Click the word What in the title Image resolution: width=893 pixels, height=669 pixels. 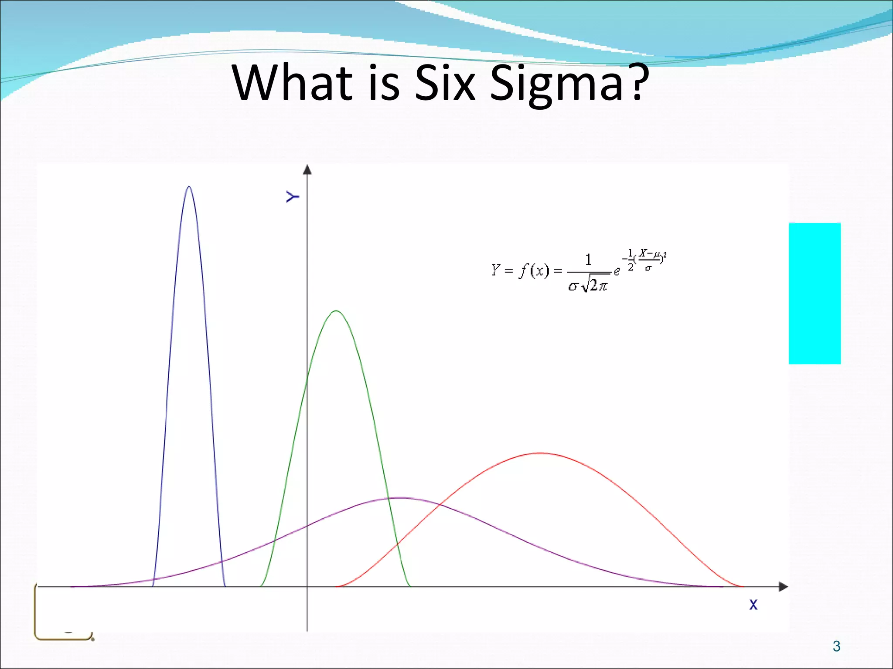pos(292,83)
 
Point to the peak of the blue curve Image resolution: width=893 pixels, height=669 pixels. pos(188,187)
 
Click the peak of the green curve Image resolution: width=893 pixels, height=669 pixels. pos(336,311)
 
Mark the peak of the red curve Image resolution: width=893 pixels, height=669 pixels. pos(541,453)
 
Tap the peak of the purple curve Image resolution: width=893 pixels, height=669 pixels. pos(400,498)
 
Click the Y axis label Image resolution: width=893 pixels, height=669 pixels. pos(293,197)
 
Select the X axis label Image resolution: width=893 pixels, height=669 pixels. pos(753,605)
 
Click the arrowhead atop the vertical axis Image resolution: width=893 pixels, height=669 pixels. pos(307,169)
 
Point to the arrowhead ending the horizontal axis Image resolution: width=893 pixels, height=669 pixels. pos(783,587)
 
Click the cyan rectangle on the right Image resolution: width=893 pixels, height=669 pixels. pos(815,293)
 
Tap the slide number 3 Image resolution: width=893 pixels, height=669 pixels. pos(836,646)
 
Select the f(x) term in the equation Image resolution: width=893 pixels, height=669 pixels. pos(534,271)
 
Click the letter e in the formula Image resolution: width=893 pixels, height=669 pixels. pos(617,272)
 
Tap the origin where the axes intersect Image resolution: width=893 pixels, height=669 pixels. pos(307,587)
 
